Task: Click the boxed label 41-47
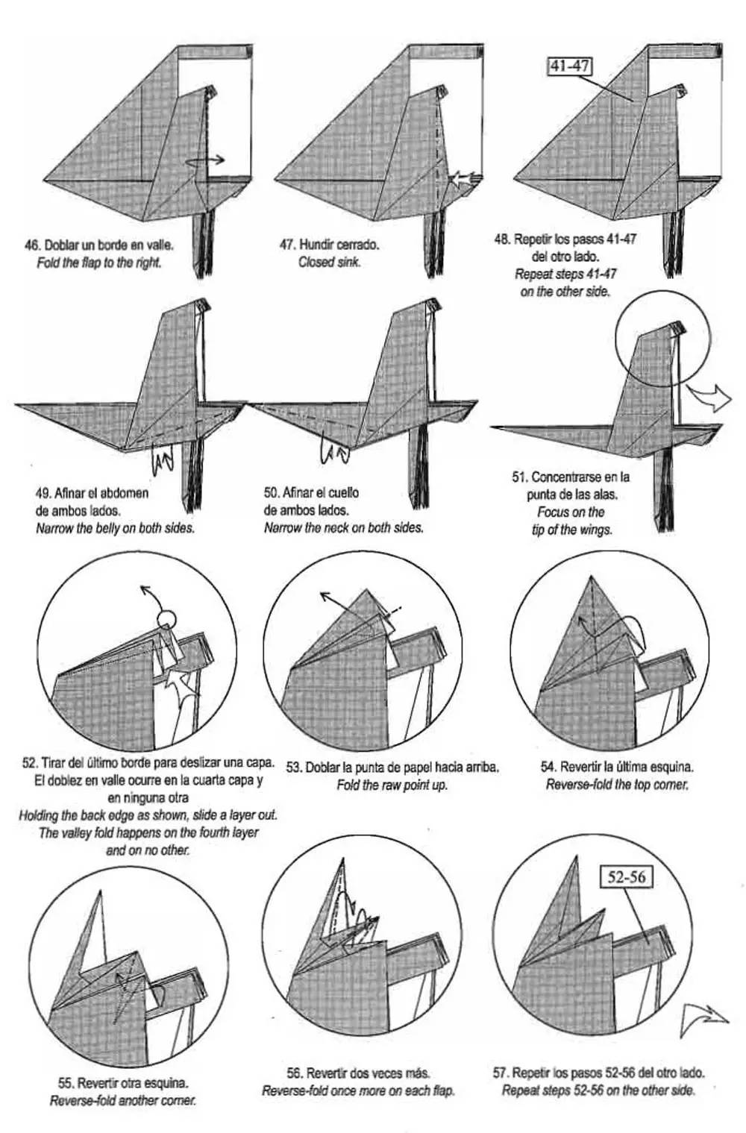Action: (x=570, y=66)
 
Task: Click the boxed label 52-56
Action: (x=626, y=876)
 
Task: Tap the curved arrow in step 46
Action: (x=205, y=161)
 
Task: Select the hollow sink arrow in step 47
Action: (x=465, y=179)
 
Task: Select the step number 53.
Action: (x=294, y=767)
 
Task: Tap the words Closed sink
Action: (x=330, y=262)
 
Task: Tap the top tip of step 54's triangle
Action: (x=590, y=576)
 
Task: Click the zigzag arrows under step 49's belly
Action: (x=163, y=459)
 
